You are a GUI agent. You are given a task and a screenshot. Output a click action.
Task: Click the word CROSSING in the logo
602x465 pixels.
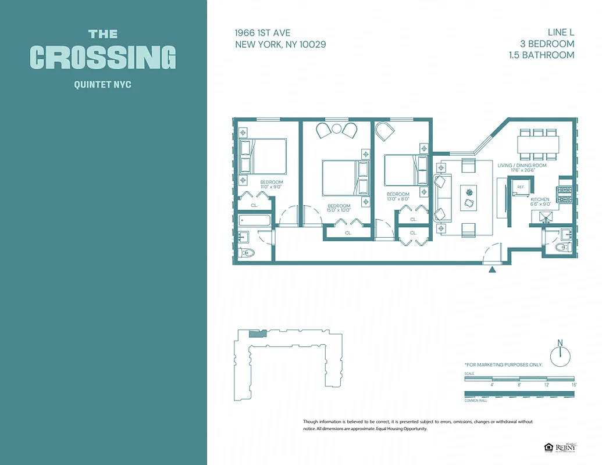pos(103,57)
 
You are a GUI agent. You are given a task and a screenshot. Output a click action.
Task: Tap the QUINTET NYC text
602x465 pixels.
pos(103,85)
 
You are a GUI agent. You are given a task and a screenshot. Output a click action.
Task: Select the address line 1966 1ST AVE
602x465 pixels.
pos(262,33)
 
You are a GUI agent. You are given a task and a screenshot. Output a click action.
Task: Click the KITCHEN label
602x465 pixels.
pos(540,199)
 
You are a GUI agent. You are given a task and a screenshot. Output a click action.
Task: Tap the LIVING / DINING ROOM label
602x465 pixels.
pos(522,166)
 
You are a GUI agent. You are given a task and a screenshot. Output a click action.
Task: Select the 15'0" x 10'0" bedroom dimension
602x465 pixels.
pos(339,210)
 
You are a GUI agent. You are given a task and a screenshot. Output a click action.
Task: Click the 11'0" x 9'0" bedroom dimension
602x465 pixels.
pos(271,187)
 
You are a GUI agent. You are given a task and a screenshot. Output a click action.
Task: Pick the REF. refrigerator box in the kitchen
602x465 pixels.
pos(521,187)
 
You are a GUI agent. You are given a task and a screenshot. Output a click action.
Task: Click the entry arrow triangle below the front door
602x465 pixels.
pos(493,269)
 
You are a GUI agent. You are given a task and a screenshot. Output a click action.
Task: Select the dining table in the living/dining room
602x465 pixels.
pos(538,144)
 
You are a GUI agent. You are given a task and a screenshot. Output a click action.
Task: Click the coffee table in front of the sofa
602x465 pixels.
pos(469,198)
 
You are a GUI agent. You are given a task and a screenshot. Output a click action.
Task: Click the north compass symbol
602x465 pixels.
pos(560,356)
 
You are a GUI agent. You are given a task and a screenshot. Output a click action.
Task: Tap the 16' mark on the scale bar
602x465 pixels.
pos(573,385)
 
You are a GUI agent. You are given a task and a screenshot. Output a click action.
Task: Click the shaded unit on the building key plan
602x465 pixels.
pos(256,334)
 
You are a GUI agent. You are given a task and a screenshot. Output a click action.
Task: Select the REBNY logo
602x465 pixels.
pos(562,447)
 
